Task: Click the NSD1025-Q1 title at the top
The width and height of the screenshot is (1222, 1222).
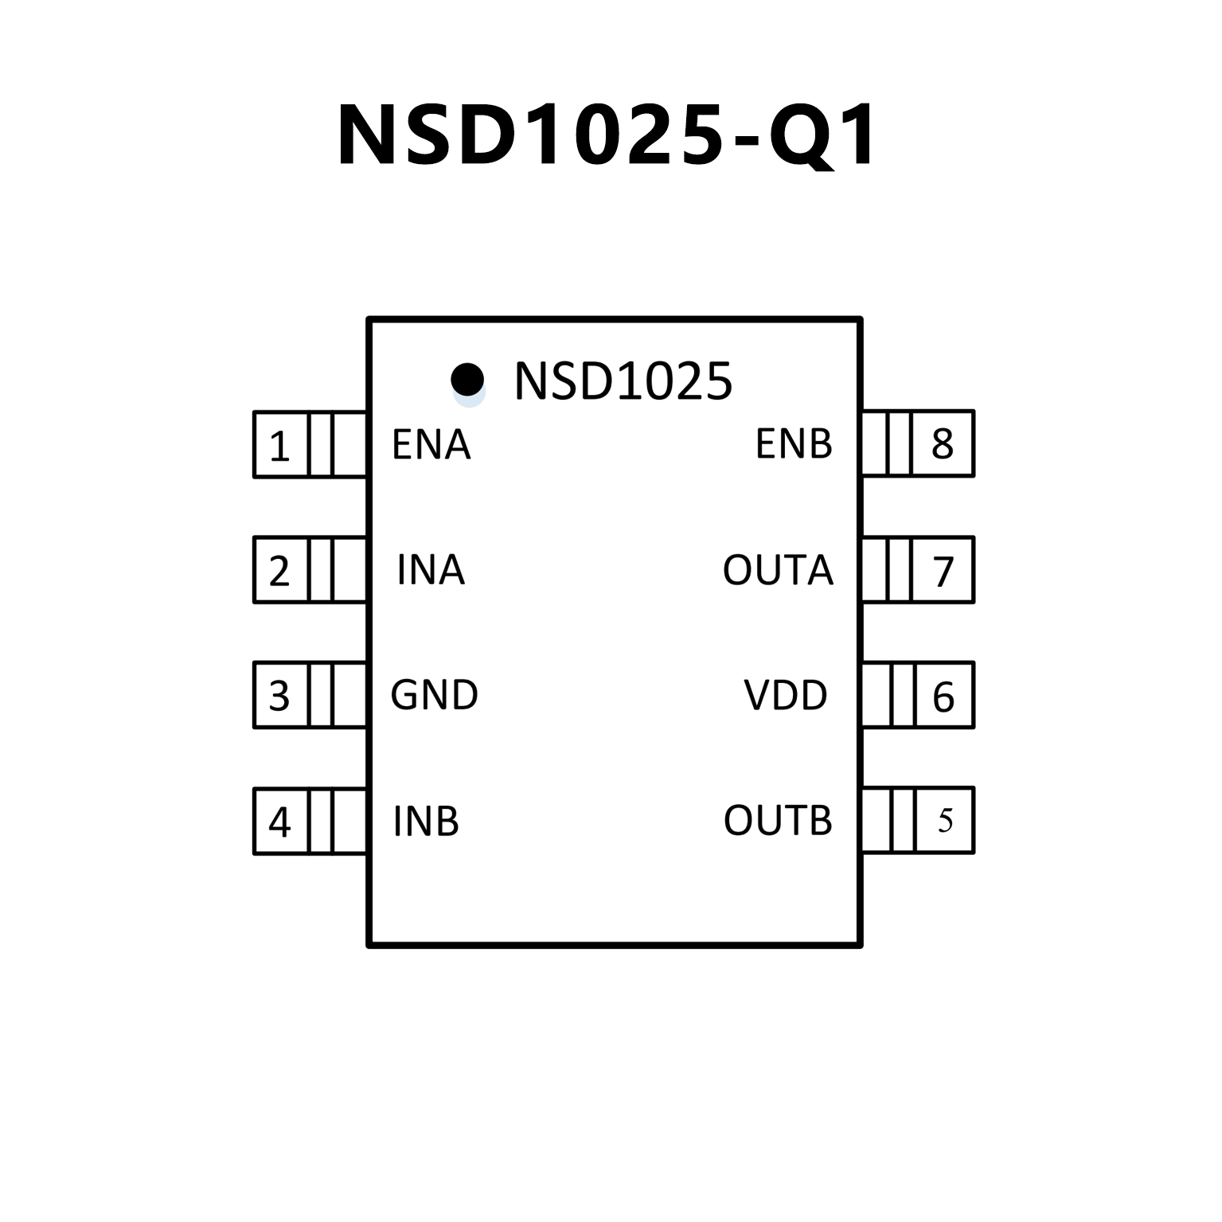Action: tap(607, 135)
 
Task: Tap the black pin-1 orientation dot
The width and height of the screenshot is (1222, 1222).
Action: tap(467, 379)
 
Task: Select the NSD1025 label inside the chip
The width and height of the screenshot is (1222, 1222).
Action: tap(623, 381)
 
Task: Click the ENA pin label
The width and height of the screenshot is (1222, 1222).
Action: tap(431, 444)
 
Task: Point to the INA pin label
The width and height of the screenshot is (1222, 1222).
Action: tap(430, 570)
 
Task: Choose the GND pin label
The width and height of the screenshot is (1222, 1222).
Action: tap(434, 695)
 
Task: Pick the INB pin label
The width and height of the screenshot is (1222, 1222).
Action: tap(426, 822)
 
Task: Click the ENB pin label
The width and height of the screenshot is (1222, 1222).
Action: tap(793, 444)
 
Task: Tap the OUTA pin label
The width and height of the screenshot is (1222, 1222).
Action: tap(777, 570)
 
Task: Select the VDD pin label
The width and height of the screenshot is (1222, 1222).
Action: tap(785, 695)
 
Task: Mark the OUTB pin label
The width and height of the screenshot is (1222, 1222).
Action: tap(777, 821)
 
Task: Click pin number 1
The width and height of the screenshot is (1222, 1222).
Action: tap(279, 446)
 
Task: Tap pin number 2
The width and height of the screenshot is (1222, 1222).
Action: tap(279, 571)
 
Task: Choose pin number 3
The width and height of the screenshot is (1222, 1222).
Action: tap(279, 696)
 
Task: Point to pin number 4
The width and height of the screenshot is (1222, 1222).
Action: tap(279, 822)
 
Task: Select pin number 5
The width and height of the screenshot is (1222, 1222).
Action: tap(945, 821)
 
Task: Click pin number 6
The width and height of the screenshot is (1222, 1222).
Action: tap(943, 697)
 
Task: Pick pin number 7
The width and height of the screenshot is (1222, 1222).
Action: tap(943, 571)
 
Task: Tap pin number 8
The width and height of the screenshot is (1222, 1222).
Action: tap(943, 444)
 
